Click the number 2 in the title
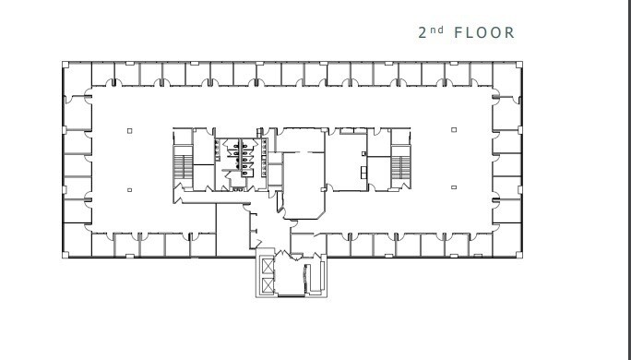(423, 33)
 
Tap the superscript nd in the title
(438, 30)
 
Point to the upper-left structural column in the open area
(130, 129)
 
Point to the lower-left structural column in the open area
(130, 190)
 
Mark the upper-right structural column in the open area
(454, 129)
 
